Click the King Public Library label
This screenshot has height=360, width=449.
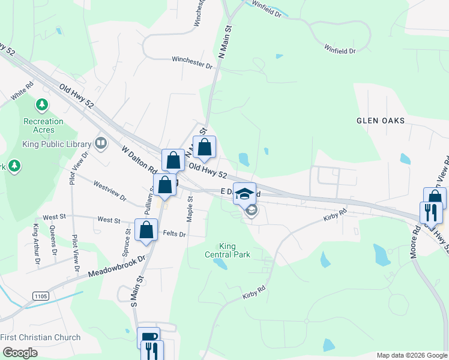56,144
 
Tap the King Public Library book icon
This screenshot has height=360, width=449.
101,143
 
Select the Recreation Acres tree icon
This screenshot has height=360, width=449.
42,106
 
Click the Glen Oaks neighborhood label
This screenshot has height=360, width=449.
381,121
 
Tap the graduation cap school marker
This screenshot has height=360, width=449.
244,194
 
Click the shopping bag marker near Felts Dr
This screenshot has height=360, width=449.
146,230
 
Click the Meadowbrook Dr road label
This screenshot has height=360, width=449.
118,265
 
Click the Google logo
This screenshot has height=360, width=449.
20,352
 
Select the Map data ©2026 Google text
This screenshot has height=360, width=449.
412,355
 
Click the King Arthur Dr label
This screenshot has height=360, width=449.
37,244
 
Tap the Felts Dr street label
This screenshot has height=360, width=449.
175,234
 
